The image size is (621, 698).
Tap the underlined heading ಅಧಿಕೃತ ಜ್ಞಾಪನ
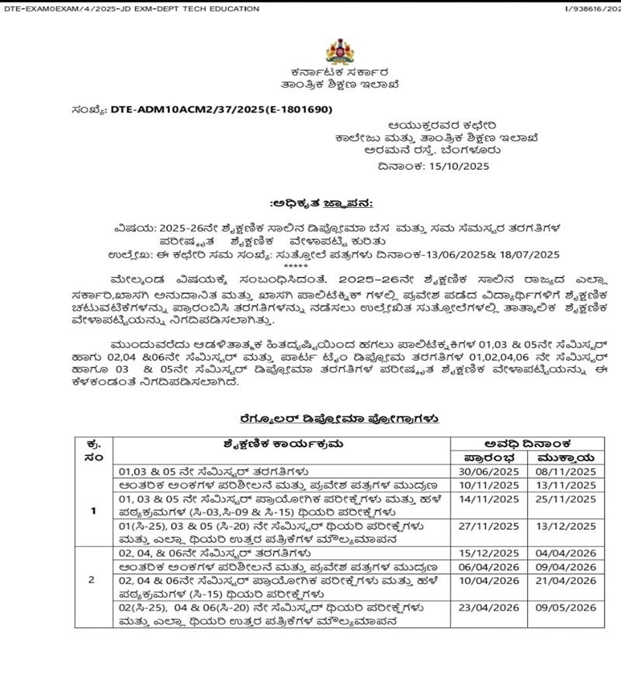tap(321, 203)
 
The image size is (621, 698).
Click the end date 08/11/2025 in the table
tap(564, 469)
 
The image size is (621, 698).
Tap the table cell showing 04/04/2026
tap(564, 555)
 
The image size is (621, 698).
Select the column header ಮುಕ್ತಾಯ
tap(564, 456)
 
